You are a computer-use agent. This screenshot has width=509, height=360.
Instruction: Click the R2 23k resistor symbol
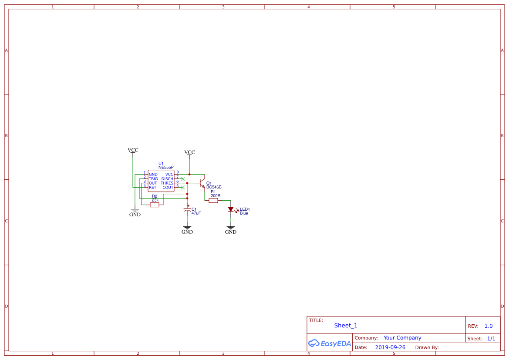155,205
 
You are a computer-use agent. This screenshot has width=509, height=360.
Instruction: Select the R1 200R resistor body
213,201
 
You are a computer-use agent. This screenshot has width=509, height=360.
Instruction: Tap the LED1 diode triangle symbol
231,209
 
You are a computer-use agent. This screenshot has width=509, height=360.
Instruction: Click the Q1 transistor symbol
202,183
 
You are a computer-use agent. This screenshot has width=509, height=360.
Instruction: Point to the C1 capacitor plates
187,210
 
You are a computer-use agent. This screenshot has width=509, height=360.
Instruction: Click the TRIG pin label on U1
153,179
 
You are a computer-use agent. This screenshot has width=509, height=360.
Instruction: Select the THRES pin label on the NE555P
167,183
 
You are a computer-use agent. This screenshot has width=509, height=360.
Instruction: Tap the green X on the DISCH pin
182,179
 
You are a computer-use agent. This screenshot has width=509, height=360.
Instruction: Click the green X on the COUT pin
182,188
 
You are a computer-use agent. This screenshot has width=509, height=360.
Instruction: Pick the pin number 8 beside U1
178,172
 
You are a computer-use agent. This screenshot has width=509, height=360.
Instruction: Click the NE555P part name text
166,168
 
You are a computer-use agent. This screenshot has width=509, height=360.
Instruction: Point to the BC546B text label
214,187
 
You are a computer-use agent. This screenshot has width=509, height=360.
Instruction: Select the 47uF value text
196,213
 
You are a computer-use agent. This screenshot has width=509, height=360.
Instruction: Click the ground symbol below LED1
231,228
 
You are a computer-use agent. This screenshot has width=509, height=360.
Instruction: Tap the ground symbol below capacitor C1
187,228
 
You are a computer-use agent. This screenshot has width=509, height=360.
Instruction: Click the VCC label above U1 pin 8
189,152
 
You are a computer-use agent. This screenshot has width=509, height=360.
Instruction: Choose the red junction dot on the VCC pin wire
189,174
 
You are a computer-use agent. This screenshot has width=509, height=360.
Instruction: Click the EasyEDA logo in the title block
330,343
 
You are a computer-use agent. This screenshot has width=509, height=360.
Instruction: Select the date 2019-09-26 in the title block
390,347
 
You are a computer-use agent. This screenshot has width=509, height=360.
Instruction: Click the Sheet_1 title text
346,326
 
